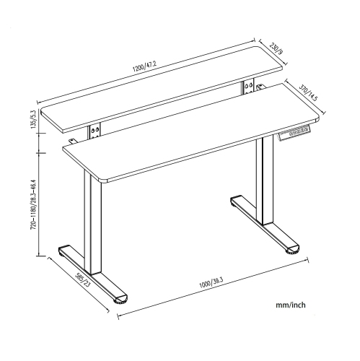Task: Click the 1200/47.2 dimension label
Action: coord(144,67)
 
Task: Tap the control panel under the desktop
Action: coord(297,134)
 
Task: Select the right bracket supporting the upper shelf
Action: coord(249,87)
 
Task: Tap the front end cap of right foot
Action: coord(291,251)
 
